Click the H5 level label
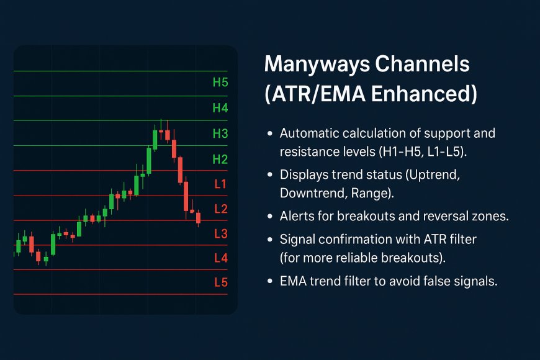220,83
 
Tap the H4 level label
220,108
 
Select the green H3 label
220,133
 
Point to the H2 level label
220,159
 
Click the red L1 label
220,184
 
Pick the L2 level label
221,209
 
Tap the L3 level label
221,233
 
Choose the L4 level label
221,258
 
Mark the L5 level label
221,282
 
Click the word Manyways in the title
317,65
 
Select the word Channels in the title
422,64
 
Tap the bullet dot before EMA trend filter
270,281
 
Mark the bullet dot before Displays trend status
270,174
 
